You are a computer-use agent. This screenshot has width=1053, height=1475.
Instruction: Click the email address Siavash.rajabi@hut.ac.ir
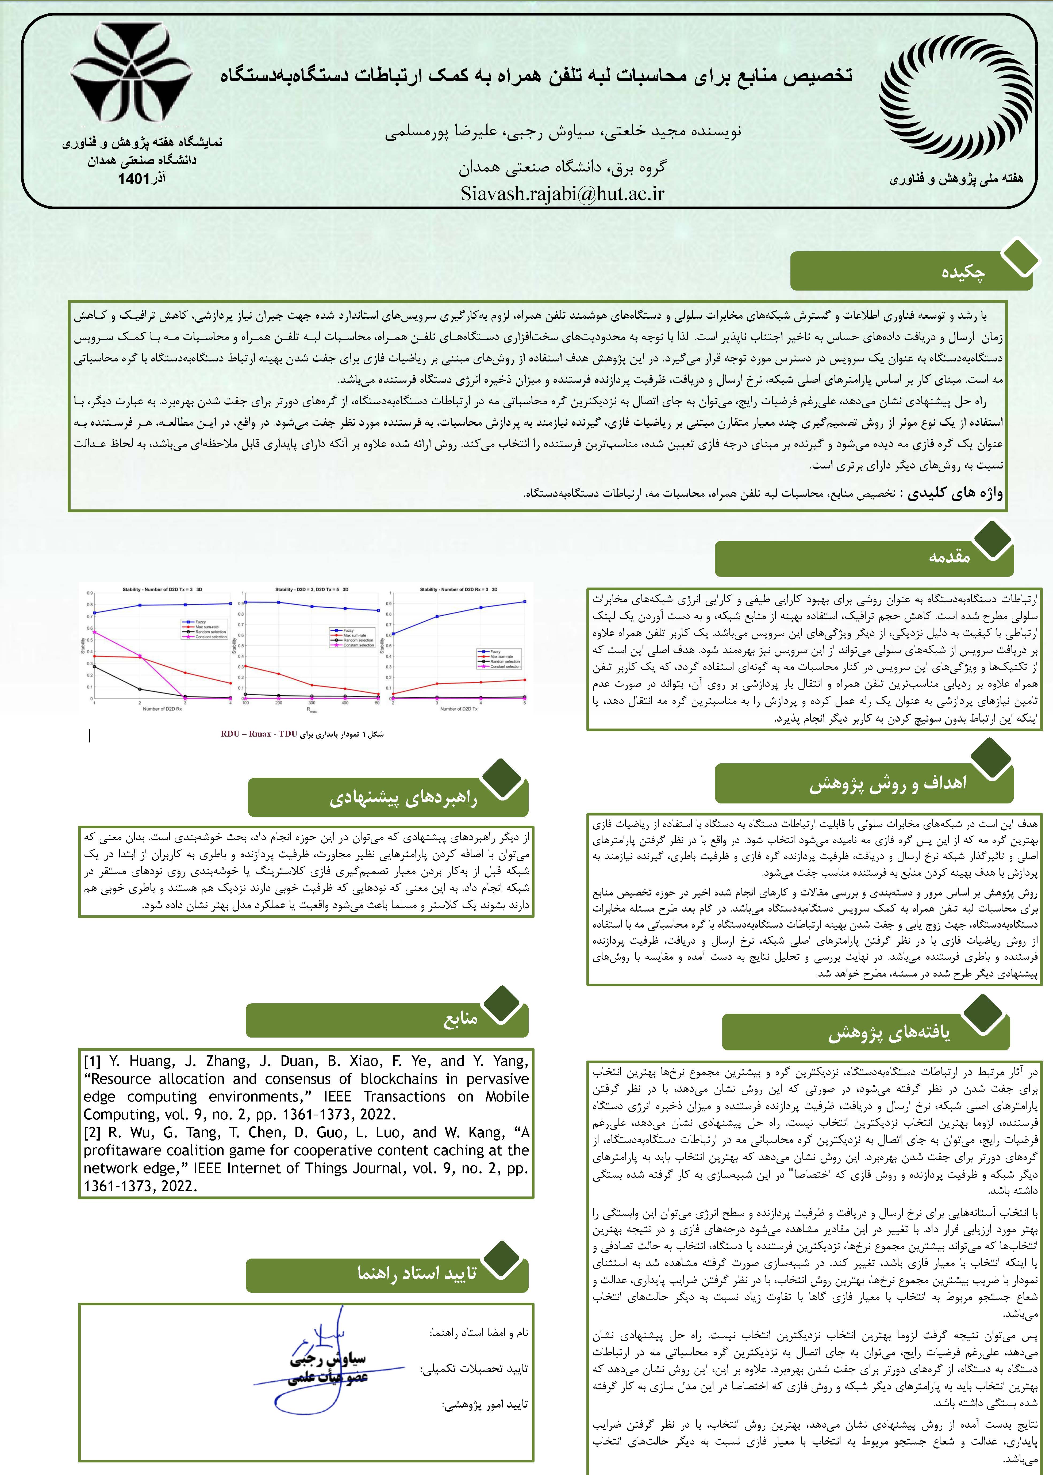coord(562,193)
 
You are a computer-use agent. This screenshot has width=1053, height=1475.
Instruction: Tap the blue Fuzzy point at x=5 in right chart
coord(524,601)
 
